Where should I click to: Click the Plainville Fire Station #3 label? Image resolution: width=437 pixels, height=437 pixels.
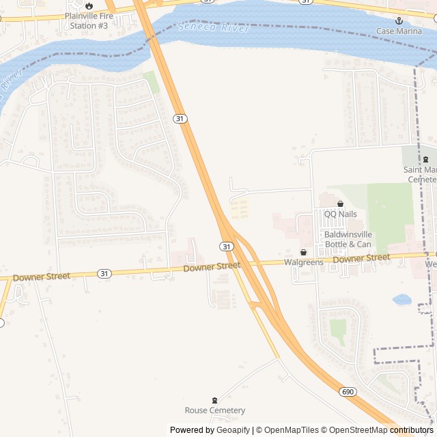(x=88, y=20)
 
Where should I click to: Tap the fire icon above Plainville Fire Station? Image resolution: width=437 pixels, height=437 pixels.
(x=88, y=6)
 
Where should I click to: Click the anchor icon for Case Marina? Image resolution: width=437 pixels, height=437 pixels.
(x=399, y=21)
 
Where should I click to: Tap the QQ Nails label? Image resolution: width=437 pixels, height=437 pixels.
(x=340, y=214)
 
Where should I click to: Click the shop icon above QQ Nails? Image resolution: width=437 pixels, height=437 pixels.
(x=340, y=203)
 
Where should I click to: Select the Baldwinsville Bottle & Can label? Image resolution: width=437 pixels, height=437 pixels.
(x=348, y=239)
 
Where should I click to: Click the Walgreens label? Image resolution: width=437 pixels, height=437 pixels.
(x=303, y=262)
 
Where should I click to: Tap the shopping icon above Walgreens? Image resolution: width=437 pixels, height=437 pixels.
(x=303, y=253)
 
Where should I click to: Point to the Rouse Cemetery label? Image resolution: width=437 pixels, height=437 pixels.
(x=214, y=410)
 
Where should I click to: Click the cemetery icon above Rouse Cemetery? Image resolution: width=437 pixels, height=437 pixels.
(x=214, y=400)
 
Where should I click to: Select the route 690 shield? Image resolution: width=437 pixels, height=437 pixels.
(x=347, y=392)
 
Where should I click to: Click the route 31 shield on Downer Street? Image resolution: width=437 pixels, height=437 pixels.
(x=103, y=273)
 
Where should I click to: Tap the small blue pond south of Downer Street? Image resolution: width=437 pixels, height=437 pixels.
(x=401, y=299)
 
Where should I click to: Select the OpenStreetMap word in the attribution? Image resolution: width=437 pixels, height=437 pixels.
(x=354, y=430)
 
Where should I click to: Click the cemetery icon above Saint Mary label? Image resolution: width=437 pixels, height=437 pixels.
(x=425, y=159)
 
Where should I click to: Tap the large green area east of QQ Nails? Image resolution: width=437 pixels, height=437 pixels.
(x=390, y=215)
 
